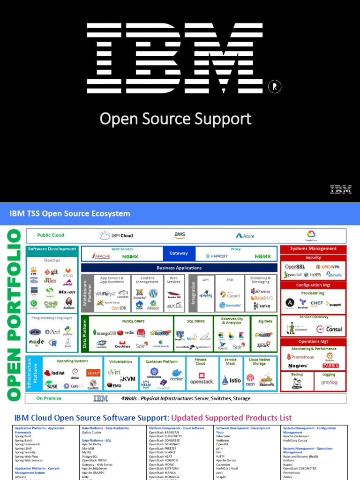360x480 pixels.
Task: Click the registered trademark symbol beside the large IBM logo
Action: coord(274,86)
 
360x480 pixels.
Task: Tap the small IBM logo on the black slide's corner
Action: coord(340,189)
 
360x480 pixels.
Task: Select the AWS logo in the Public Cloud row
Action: coord(180,235)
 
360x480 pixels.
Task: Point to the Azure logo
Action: coord(245,235)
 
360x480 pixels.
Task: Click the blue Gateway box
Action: coord(178,254)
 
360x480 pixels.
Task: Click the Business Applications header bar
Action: coord(179,268)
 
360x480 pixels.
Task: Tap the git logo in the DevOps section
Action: coord(51,272)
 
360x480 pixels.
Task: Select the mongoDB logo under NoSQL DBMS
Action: coord(105,332)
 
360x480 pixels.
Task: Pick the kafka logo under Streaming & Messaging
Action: coord(262,306)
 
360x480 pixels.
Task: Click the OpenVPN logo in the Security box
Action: coord(330,267)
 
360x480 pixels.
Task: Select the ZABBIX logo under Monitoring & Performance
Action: coord(330,366)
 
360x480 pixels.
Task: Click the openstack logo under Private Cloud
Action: coord(201,379)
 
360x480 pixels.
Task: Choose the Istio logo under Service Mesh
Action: coord(231,380)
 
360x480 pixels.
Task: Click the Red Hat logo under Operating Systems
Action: coord(54,373)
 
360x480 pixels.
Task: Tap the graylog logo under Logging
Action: coord(329,382)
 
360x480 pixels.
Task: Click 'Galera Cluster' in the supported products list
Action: coord(92,433)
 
